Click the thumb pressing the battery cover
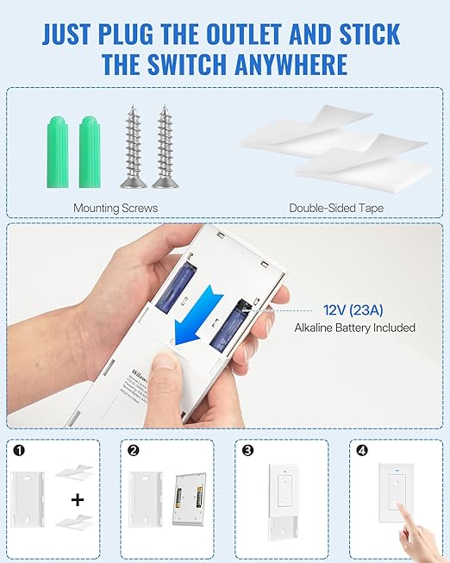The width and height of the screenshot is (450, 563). click(164, 379)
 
